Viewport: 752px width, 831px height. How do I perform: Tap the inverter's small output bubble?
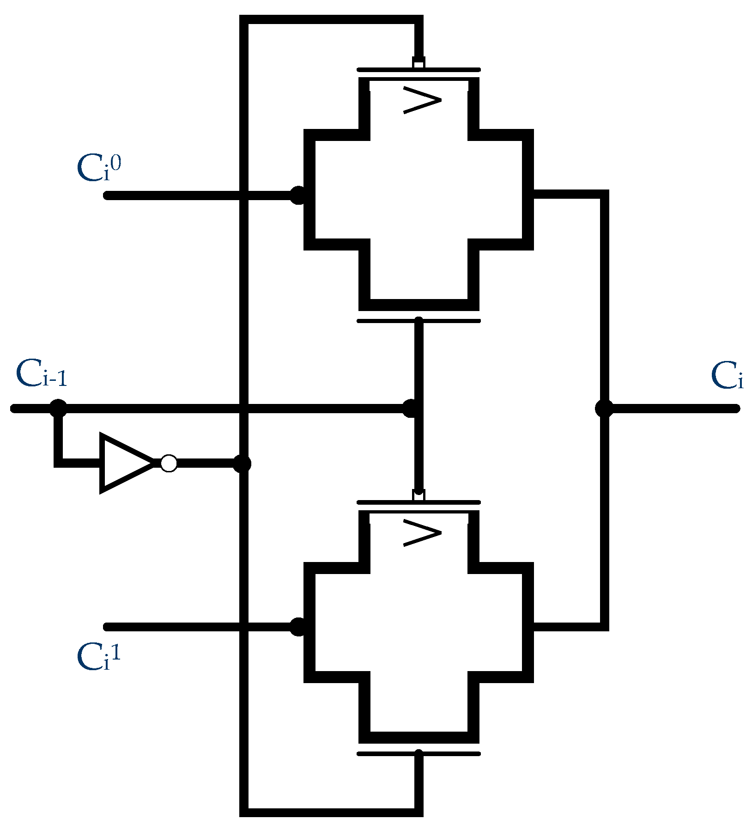click(169, 463)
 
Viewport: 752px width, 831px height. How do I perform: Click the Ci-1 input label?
click(42, 374)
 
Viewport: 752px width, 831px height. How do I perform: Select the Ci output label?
click(727, 377)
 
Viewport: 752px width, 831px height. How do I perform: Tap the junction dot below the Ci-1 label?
click(58, 409)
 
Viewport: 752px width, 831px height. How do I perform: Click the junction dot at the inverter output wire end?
click(242, 464)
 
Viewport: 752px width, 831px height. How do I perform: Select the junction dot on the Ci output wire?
click(604, 409)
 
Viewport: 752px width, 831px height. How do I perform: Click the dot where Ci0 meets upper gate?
click(298, 195)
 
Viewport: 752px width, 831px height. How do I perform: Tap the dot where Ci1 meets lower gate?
click(298, 627)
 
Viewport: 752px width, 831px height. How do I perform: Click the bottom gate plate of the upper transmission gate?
click(418, 320)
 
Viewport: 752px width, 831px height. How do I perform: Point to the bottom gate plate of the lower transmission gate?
click(418, 754)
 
